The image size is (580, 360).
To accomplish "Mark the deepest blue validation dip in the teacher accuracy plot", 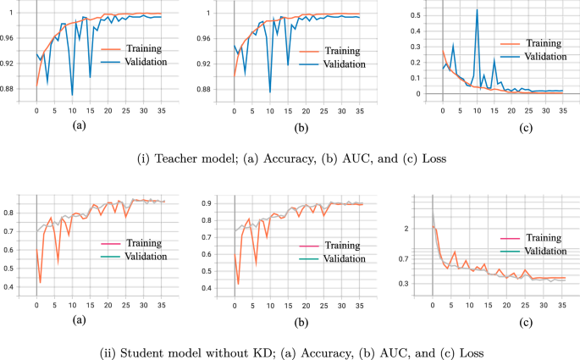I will point(72,94).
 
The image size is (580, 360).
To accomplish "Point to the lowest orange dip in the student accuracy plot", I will point(40,282).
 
